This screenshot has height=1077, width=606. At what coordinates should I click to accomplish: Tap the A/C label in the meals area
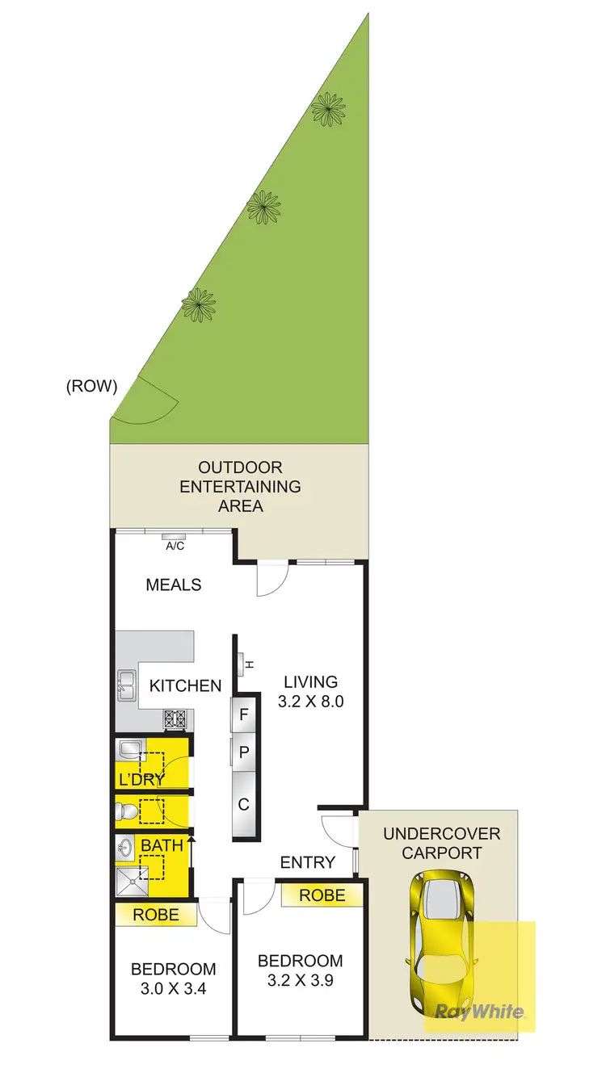coord(175,546)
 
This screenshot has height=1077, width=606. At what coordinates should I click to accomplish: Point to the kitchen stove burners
coord(175,718)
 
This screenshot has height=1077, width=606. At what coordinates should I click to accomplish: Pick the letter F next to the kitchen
coord(244,715)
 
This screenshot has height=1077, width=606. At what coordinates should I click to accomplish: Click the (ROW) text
coord(91,386)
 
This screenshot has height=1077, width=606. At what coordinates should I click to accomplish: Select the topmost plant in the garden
coord(327,108)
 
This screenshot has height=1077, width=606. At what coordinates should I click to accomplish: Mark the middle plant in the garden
coord(263,207)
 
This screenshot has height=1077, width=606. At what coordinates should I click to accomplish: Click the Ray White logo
coord(480,1011)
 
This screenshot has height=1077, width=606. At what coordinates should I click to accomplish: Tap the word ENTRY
coord(307,862)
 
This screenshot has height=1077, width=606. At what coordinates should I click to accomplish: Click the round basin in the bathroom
coord(125,848)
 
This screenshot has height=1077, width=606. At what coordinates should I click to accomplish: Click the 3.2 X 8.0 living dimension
coord(311,702)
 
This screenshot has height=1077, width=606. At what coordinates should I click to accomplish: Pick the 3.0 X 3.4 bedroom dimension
coord(174,987)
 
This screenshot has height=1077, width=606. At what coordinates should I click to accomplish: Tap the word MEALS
coord(173,584)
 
